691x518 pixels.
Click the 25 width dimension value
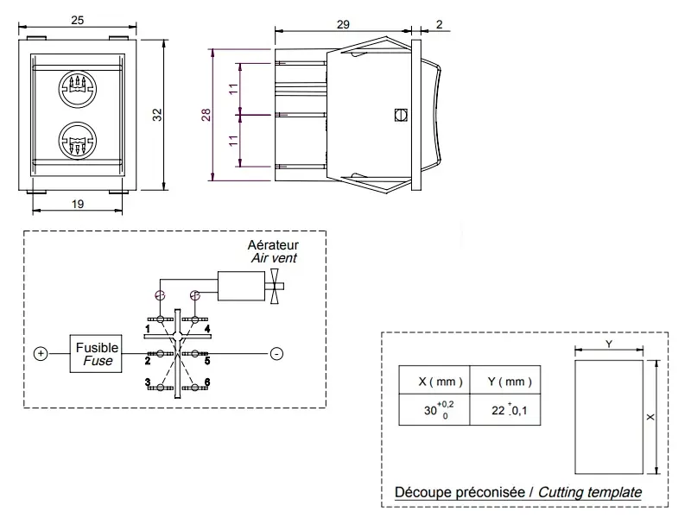tap(78, 20)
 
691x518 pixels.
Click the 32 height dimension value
tap(157, 115)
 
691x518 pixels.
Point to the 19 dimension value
tap(78, 204)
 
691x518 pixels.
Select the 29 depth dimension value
tap(343, 25)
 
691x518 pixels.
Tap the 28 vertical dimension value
tap(206, 116)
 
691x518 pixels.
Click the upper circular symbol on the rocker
tap(78, 90)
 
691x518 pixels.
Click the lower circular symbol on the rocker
tap(78, 141)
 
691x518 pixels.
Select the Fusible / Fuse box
tap(96, 354)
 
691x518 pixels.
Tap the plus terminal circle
tap(41, 354)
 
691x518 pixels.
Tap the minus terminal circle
tap(276, 354)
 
